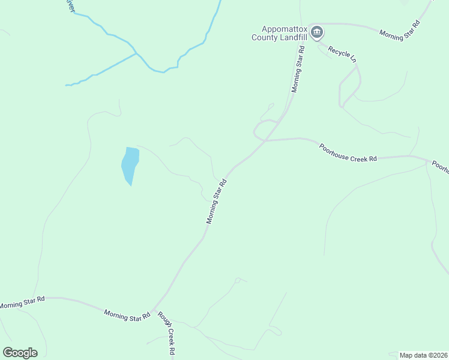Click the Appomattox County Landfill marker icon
point(317,32)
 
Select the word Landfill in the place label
point(293,37)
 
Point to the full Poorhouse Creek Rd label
point(348,153)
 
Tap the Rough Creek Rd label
point(167,333)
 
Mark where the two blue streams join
point(137,53)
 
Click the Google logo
point(20,353)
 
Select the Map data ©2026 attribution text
point(424,355)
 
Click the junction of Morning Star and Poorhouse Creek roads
point(265,140)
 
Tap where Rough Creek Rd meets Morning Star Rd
point(154,310)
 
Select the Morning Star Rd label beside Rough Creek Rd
point(127,315)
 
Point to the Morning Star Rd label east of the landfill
point(400,29)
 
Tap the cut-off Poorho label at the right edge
point(441,167)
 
